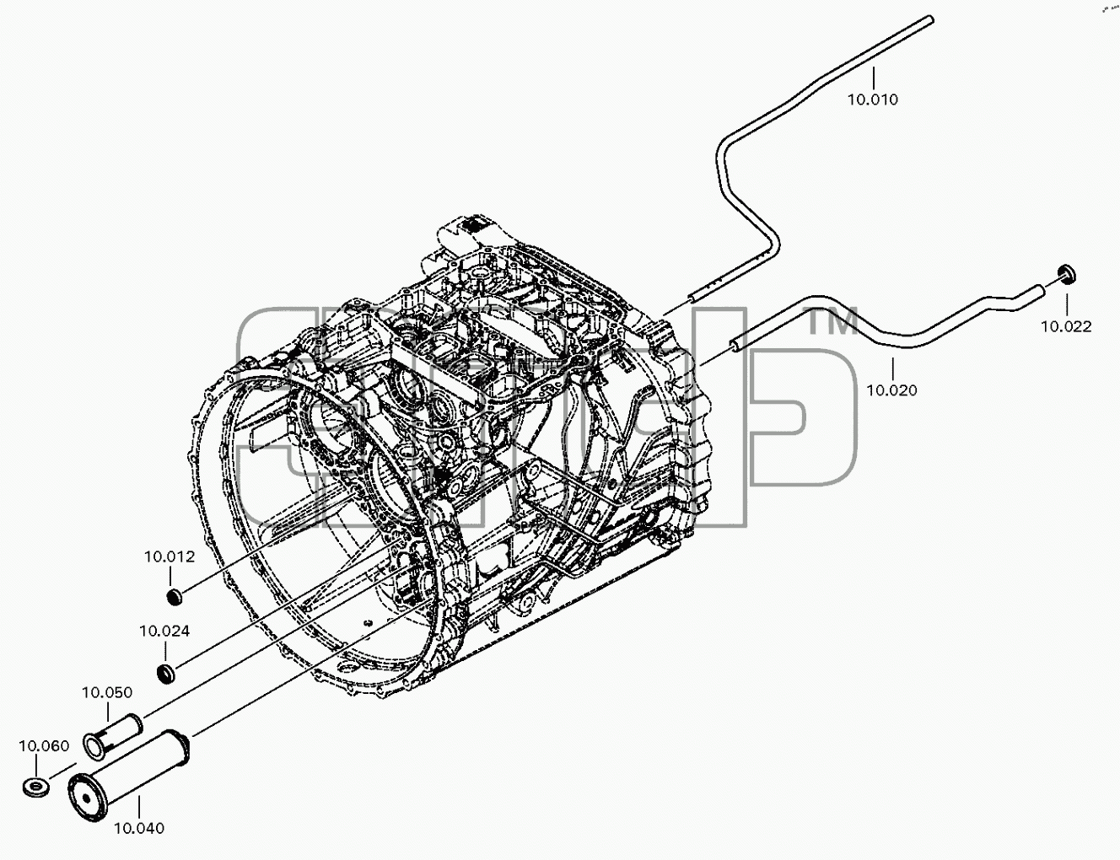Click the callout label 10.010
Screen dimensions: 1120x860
[873, 99]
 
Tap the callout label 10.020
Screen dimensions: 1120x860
[891, 390]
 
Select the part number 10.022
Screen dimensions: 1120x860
[1066, 326]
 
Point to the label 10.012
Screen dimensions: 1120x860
[170, 557]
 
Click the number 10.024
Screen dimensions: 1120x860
[165, 632]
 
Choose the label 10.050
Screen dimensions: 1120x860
[107, 693]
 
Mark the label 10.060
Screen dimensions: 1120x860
[45, 746]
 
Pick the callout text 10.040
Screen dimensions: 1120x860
[139, 829]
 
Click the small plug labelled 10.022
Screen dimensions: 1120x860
[1066, 275]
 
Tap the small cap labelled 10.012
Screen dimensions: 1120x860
[175, 598]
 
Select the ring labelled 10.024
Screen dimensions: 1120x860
[166, 674]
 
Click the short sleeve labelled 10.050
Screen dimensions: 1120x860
[113, 736]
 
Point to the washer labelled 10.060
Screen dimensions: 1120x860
[36, 787]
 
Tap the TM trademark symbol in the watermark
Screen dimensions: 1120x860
[832, 321]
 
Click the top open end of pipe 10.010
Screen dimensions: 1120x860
[929, 19]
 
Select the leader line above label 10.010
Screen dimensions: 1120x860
[873, 78]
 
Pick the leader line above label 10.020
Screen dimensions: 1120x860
[892, 370]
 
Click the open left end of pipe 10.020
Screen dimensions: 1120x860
[735, 344]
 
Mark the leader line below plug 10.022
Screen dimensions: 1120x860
[1066, 304]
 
